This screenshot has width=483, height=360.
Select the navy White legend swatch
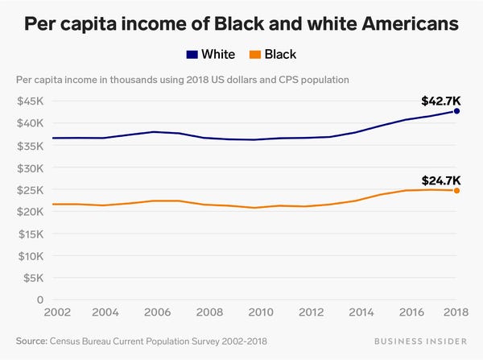click(192, 55)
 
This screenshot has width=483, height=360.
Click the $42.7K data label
click(440, 101)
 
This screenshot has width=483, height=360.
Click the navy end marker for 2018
click(457, 111)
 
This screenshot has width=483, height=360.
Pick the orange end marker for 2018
click(457, 191)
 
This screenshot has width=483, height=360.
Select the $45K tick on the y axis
click(32, 101)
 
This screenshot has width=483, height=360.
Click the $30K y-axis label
click(32, 168)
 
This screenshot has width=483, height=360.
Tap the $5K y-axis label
click(35, 278)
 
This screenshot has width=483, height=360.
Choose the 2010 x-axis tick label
click(259, 312)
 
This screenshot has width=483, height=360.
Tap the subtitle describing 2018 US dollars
click(182, 80)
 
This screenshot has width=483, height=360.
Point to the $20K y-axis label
click(32, 212)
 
